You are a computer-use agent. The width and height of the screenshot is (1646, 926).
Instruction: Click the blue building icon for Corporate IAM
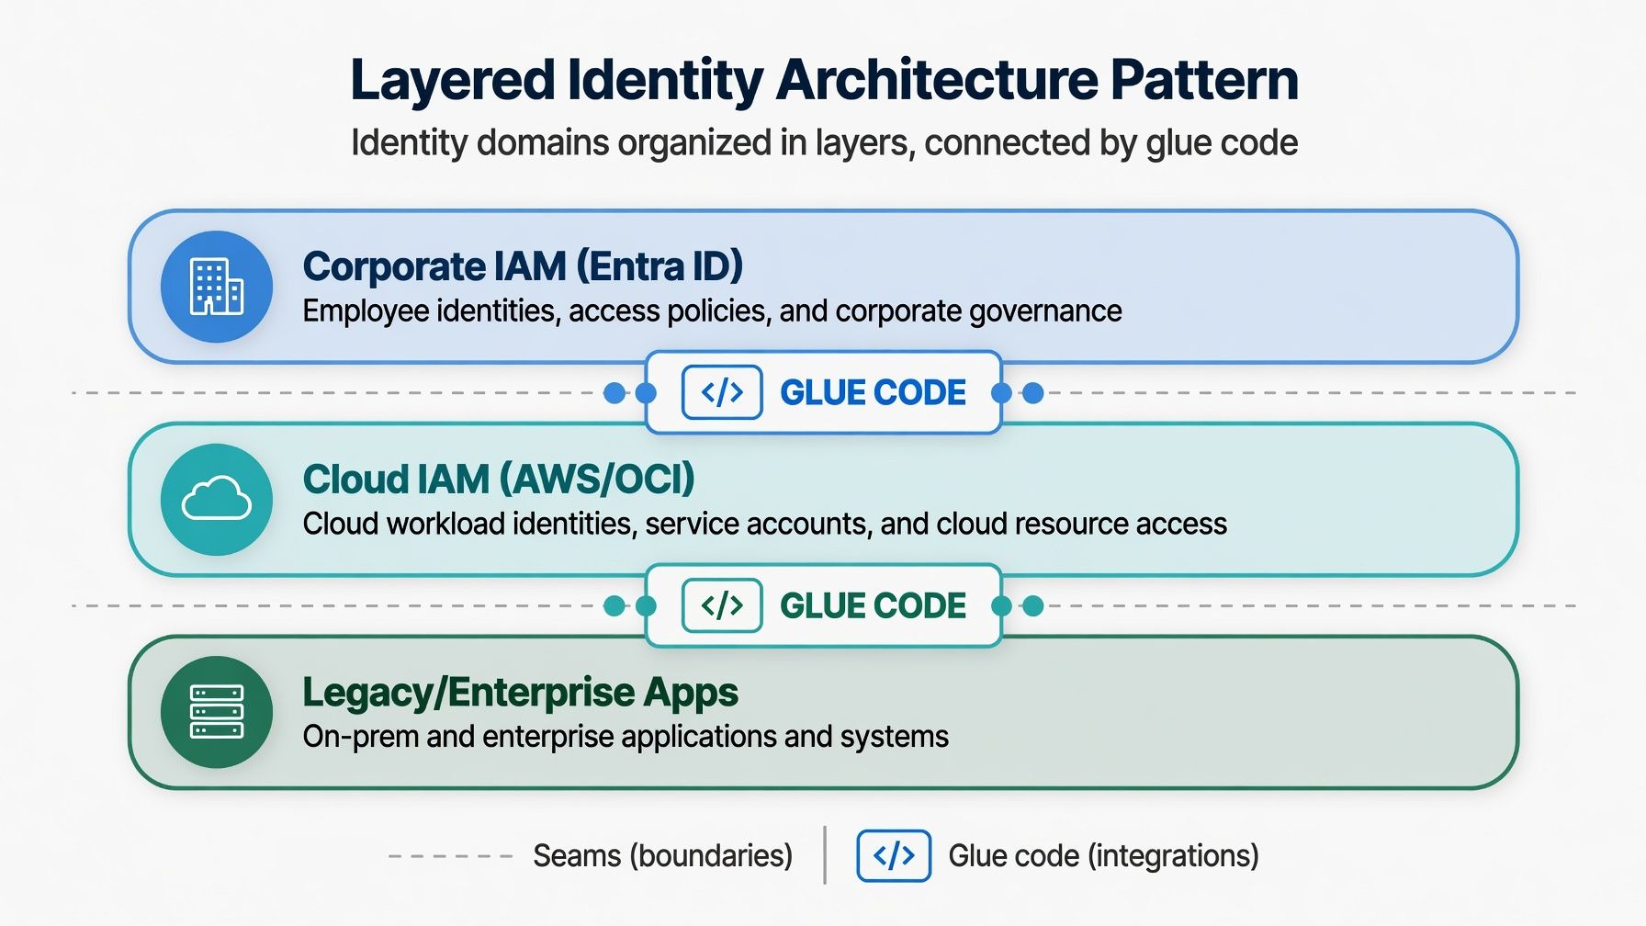[x=217, y=287]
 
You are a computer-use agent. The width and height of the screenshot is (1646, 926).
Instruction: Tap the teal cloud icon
[x=217, y=499]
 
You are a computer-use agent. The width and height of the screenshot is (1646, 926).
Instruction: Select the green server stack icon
[x=217, y=712]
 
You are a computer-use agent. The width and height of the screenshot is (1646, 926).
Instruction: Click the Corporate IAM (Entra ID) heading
[x=523, y=266]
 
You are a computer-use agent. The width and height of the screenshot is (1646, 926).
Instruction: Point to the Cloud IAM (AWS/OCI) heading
[x=499, y=480]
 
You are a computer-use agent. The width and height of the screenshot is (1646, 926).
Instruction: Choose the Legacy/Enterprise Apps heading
[x=521, y=693]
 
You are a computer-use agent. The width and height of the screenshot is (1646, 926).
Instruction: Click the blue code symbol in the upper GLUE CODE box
[x=722, y=392]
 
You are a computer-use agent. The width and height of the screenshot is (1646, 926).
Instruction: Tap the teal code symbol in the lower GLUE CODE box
[x=722, y=605]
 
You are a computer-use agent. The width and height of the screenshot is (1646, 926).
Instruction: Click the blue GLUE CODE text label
[x=873, y=392]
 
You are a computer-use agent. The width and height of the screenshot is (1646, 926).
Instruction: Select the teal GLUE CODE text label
[x=873, y=605]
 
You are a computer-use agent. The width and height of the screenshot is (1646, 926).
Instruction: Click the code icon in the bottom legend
[x=894, y=855]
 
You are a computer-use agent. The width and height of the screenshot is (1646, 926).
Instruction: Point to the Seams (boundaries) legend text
[x=662, y=856]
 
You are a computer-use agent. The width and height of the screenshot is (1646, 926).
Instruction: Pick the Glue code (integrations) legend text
[x=1103, y=856]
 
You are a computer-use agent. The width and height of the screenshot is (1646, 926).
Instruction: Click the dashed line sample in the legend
[x=450, y=856]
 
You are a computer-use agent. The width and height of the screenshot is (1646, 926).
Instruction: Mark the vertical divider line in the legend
[x=825, y=855]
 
